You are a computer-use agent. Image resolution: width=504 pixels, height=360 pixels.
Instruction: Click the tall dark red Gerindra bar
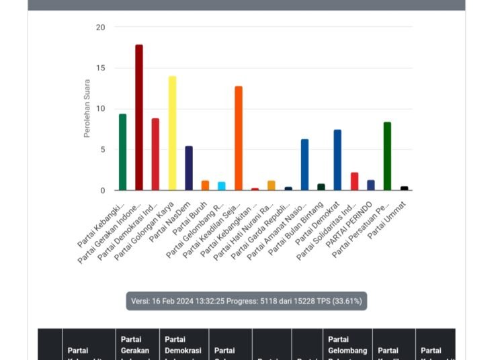click(139, 118)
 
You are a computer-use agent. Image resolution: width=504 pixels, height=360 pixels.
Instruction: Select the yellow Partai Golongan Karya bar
click(172, 134)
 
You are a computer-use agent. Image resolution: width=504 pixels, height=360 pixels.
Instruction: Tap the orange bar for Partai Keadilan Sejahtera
click(238, 138)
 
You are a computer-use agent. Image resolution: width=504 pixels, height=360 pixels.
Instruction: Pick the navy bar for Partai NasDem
click(189, 169)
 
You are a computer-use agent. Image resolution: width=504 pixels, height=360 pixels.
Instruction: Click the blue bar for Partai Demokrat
click(337, 161)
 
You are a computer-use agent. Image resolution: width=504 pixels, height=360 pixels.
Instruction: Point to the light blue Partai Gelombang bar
click(222, 186)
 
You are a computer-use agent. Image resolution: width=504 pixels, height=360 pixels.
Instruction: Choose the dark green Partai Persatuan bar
click(387, 156)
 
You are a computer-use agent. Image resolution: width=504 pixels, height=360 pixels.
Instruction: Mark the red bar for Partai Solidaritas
click(354, 181)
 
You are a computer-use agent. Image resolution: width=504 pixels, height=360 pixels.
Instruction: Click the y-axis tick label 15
click(100, 69)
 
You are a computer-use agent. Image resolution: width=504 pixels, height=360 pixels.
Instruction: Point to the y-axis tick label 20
click(100, 28)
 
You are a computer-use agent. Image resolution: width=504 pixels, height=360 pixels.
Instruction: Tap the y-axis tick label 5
click(102, 150)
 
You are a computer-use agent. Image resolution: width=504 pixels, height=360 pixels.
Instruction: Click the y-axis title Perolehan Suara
click(87, 109)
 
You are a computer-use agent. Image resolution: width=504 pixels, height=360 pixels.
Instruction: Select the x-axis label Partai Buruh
click(194, 215)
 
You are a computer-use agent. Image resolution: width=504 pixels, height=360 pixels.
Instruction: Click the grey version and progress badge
click(247, 301)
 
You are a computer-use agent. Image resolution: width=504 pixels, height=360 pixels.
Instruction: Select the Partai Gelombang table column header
click(347, 345)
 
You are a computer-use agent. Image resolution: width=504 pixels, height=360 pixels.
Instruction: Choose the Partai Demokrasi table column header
click(183, 345)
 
